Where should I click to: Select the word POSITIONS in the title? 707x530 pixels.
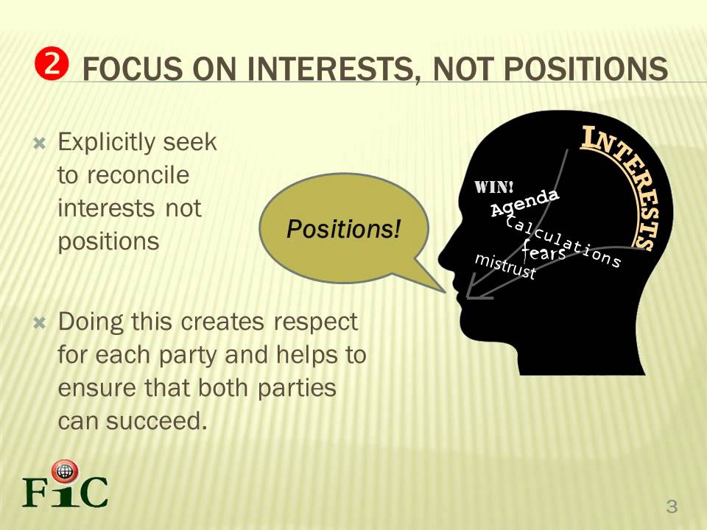(x=585, y=69)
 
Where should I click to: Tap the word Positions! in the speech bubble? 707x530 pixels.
(x=343, y=228)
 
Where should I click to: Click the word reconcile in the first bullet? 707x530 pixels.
(x=138, y=175)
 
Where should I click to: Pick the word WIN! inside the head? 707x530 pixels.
(x=493, y=187)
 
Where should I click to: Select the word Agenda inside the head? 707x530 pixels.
(x=525, y=202)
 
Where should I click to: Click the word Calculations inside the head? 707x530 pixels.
(x=563, y=241)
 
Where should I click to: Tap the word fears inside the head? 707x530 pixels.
(x=544, y=252)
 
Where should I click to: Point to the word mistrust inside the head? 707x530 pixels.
(x=505, y=266)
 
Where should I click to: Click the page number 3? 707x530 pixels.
(x=672, y=506)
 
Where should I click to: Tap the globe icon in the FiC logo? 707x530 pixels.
(x=65, y=471)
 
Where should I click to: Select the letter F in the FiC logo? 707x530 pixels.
(x=36, y=492)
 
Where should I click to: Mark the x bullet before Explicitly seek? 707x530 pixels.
(x=40, y=144)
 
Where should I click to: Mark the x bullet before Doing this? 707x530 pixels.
(x=40, y=322)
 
